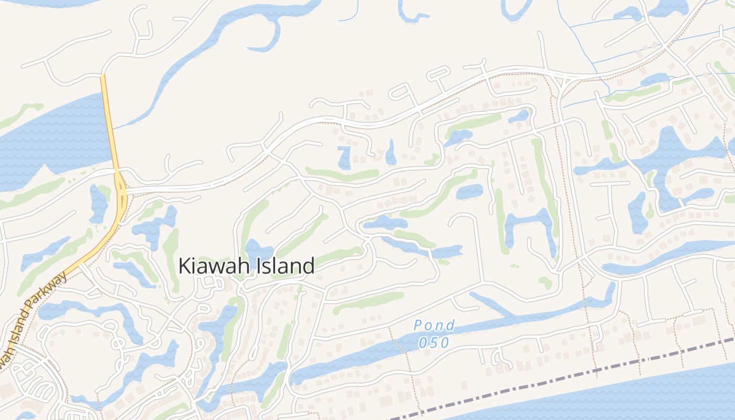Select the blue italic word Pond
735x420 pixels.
(434, 325)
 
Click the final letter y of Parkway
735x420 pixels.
(65, 276)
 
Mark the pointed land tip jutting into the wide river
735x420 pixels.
(45, 169)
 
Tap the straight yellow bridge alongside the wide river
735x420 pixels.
(109, 126)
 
